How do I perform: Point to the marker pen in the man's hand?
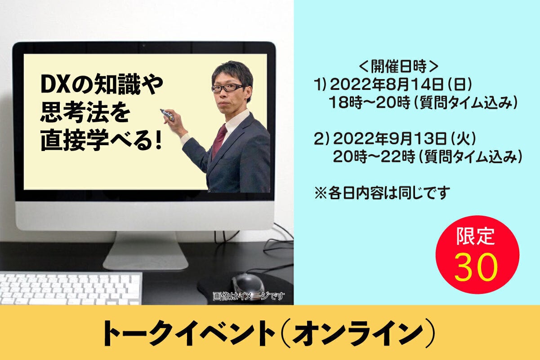click(167, 115)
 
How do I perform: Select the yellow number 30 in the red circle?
click(476, 267)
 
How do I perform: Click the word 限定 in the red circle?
click(475, 236)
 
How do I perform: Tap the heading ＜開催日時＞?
click(399, 66)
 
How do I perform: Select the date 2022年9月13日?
click(390, 139)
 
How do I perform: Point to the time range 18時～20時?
click(370, 102)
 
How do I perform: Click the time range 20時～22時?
click(374, 157)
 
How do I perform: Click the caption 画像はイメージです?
click(249, 296)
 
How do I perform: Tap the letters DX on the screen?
click(55, 85)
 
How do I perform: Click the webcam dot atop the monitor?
click(144, 45)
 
